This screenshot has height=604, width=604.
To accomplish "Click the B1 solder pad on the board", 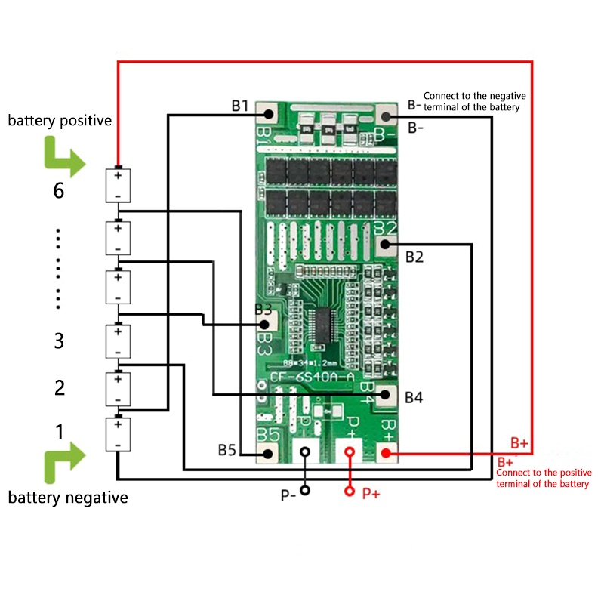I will (x=267, y=115).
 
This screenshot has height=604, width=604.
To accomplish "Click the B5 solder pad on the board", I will (x=267, y=452).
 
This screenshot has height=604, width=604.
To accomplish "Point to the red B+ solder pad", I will (x=386, y=453).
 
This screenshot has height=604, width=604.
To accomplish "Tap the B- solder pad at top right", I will (x=387, y=116).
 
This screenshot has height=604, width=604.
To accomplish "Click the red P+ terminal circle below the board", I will (x=350, y=492).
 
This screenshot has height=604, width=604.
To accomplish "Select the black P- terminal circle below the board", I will (x=305, y=491).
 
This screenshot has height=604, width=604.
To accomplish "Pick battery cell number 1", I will (x=118, y=436).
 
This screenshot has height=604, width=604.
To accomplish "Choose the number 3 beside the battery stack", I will (x=59, y=341).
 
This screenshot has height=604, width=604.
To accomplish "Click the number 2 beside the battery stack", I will (x=59, y=388).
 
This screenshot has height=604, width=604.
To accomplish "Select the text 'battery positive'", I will (x=60, y=120).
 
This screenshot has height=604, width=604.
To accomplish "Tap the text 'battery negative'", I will (x=68, y=498).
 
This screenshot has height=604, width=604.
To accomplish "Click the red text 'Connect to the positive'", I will (x=543, y=473).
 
